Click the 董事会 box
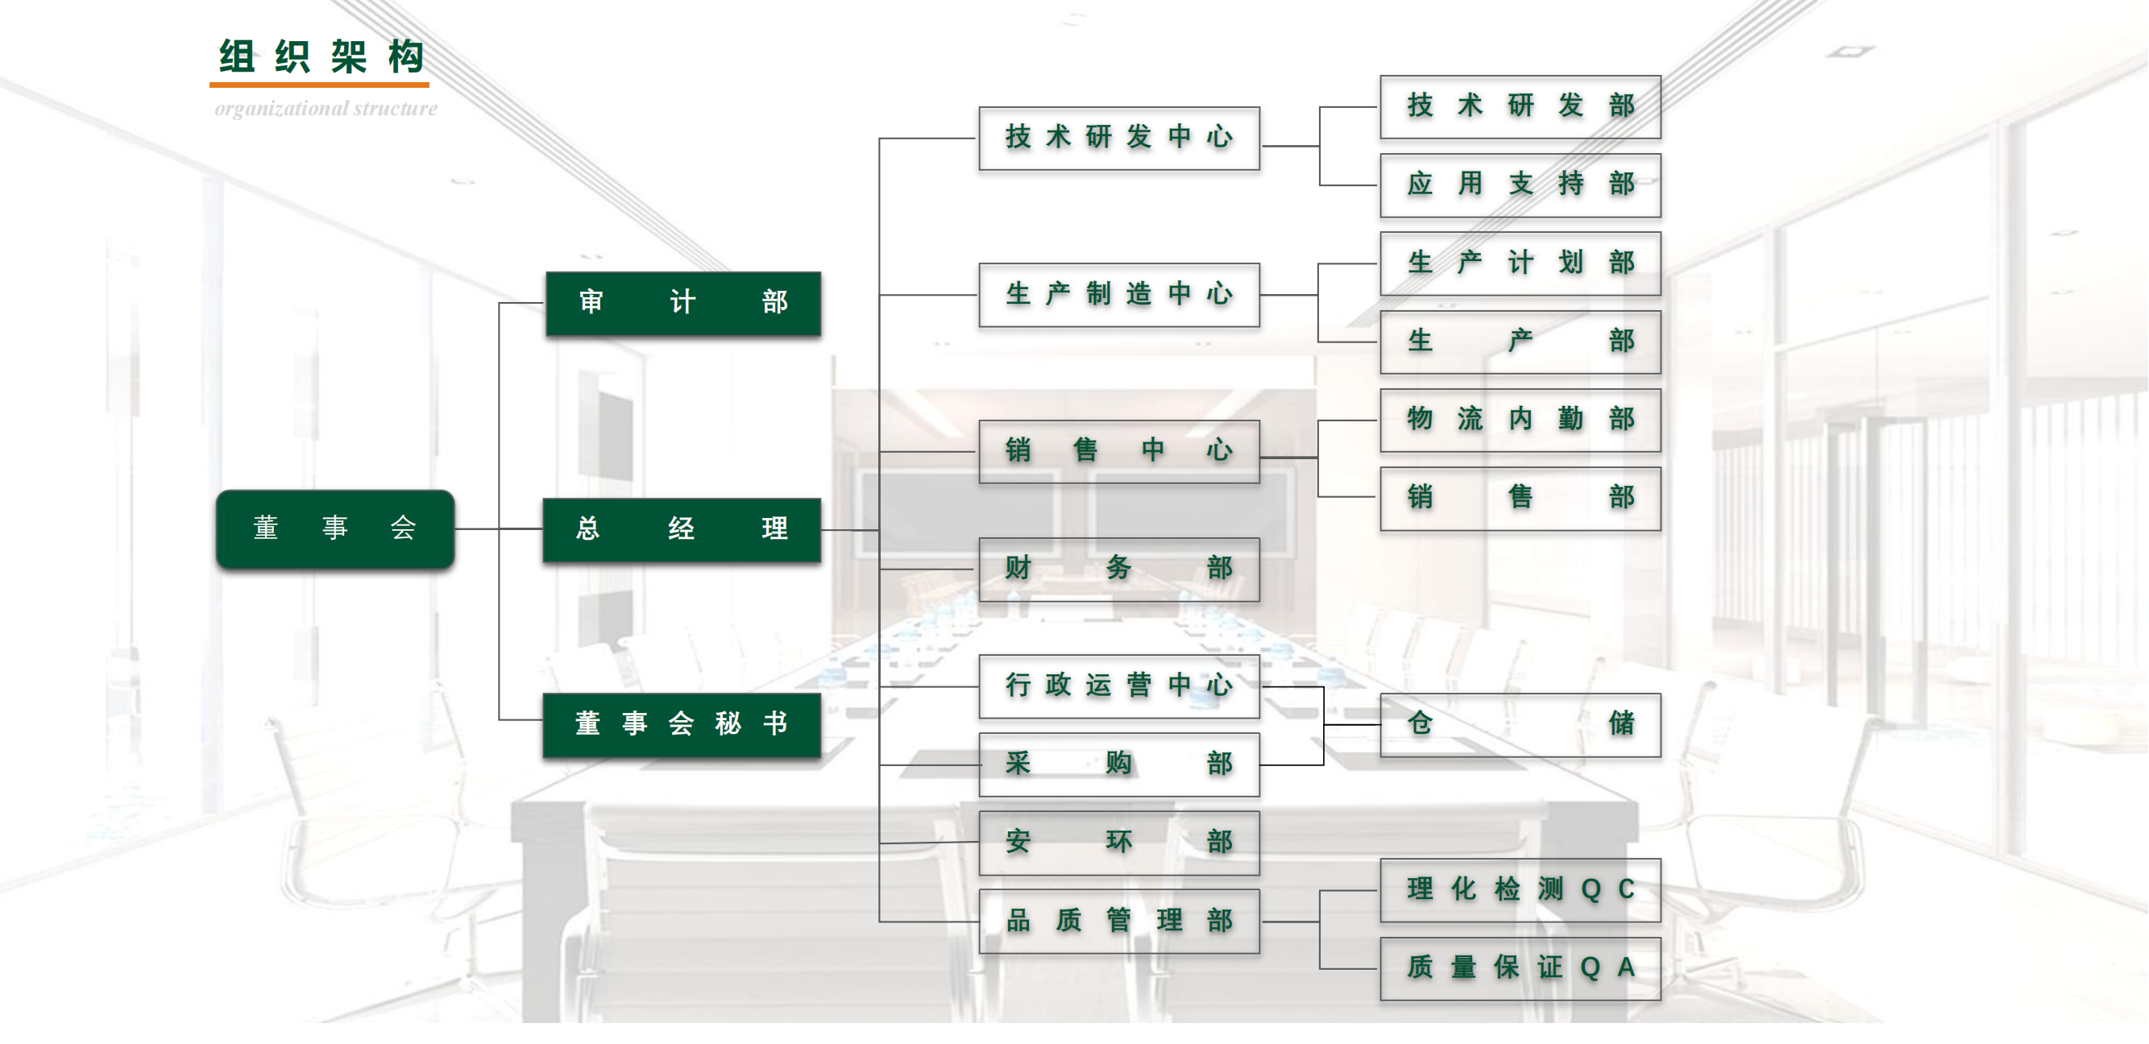[x=334, y=528]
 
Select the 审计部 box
[x=682, y=303]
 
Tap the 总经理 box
[x=682, y=529]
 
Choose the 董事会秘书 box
[x=682, y=724]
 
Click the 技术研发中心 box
[x=1118, y=138]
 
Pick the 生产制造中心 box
[x=1118, y=294]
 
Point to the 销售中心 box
[x=1118, y=451]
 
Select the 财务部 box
[x=1118, y=569]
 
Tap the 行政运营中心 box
[x=1118, y=686]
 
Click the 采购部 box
[x=1118, y=764]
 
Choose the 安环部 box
[x=1118, y=842]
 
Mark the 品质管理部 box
[x=1118, y=921]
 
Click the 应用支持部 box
[x=1520, y=184]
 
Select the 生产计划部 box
[x=1520, y=263]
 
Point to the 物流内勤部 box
[x=1520, y=420]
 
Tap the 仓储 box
[x=1520, y=724]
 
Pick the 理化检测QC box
[x=1520, y=889]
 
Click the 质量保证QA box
[x=1520, y=968]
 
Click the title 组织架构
[x=322, y=57]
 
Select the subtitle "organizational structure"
[x=326, y=110]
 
